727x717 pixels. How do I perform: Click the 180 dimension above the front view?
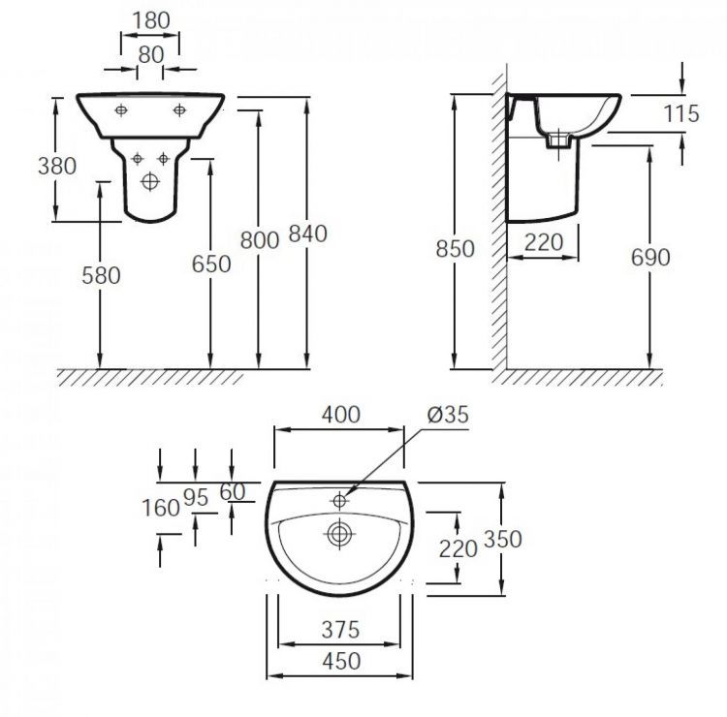pyautogui.click(x=149, y=19)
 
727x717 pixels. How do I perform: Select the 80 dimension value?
pyautogui.click(x=150, y=55)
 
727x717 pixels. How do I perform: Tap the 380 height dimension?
pyautogui.click(x=56, y=165)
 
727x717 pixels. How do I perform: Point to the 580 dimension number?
pyautogui.click(x=101, y=275)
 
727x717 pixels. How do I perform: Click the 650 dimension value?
pyautogui.click(x=211, y=264)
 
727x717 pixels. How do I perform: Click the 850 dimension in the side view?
pyautogui.click(x=456, y=249)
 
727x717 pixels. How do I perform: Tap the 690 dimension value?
pyautogui.click(x=650, y=257)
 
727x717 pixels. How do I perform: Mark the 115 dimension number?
pyautogui.click(x=681, y=113)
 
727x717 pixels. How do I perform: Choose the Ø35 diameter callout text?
pyautogui.click(x=447, y=415)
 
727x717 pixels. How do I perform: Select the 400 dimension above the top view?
pyautogui.click(x=339, y=415)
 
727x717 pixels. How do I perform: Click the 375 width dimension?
pyautogui.click(x=339, y=629)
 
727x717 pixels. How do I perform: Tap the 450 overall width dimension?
pyautogui.click(x=339, y=661)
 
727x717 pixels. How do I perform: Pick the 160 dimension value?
pyautogui.click(x=161, y=507)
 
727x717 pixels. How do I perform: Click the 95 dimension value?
pyautogui.click(x=196, y=497)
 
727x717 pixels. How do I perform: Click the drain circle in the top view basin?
pyautogui.click(x=339, y=532)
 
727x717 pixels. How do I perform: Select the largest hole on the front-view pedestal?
pyautogui.click(x=149, y=180)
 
